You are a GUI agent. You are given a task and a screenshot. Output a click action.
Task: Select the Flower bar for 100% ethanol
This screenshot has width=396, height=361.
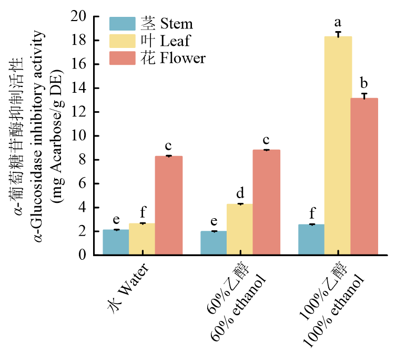(364, 177)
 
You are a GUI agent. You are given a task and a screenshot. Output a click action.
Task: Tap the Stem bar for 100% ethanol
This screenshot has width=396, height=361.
(311, 240)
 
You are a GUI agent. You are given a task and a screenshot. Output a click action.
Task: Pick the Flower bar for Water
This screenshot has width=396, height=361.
(168, 206)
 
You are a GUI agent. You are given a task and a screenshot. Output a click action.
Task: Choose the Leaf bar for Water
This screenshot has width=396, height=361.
(142, 239)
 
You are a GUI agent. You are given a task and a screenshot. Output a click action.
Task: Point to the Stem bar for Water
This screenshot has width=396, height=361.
(116, 242)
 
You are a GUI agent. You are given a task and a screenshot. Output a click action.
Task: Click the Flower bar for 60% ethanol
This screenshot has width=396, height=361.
(266, 202)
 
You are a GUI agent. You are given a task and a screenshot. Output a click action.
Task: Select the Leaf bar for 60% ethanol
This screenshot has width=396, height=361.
(240, 229)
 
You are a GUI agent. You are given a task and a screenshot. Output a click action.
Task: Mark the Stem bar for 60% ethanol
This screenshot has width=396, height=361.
(214, 243)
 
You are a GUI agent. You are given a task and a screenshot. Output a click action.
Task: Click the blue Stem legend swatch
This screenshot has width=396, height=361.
(123, 24)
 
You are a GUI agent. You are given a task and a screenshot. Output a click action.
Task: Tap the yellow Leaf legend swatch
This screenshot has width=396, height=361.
(123, 41)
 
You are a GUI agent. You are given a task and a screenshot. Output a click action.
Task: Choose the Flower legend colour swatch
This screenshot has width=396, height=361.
(123, 58)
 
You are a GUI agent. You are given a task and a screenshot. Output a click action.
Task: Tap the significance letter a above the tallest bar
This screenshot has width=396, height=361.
(338, 23)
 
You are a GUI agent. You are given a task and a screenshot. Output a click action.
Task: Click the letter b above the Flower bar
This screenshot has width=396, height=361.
(364, 84)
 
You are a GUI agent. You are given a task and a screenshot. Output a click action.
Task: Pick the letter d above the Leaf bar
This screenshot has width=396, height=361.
(240, 193)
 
